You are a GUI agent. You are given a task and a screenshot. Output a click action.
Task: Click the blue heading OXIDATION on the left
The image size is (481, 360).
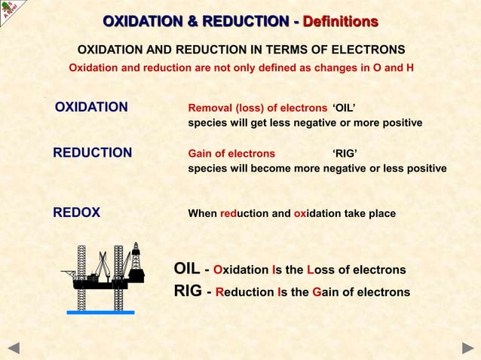pos(91,107)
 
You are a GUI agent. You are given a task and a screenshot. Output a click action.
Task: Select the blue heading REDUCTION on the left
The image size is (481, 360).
pos(92,153)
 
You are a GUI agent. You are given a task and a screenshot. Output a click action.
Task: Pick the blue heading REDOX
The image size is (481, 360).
pos(76,213)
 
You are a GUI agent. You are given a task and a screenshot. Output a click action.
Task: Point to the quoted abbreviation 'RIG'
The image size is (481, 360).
pos(345,154)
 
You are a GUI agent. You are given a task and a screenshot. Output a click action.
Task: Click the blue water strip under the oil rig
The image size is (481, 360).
pos(100,311)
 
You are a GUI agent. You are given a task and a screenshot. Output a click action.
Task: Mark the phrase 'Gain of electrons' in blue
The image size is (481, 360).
pos(231,154)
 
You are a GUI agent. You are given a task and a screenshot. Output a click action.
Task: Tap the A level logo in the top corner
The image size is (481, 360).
pos(11,11)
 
